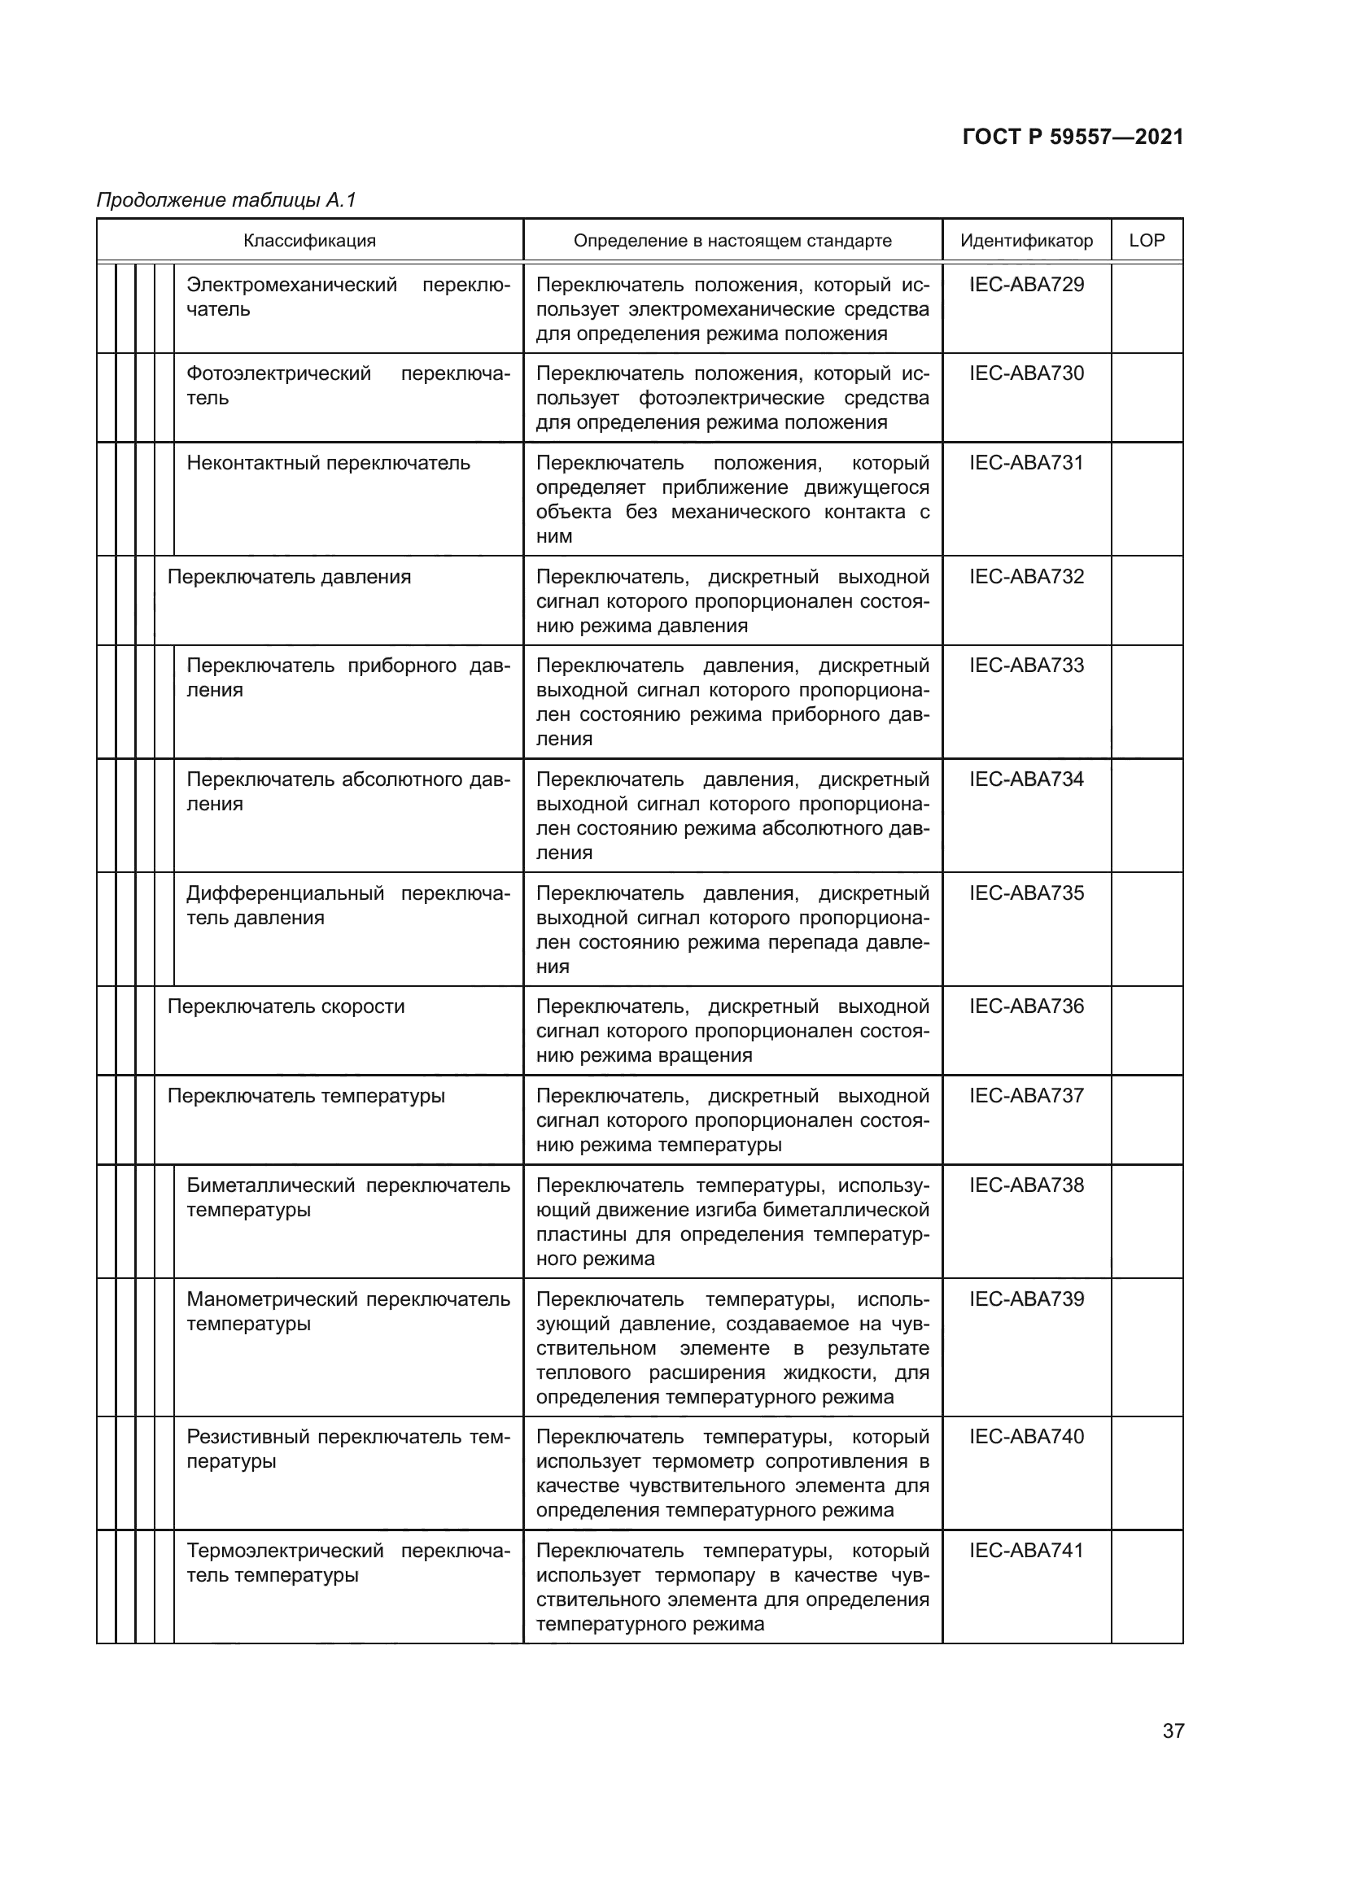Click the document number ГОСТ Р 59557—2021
pos(1073,137)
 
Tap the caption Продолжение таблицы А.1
pos(226,200)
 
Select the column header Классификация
pos(309,241)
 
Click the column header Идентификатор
pos(1026,241)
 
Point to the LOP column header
pos(1147,240)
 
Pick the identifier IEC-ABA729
pos(1026,285)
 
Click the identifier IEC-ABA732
pos(1026,577)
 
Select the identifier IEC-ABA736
pos(1026,1006)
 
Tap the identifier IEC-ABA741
pos(1026,1551)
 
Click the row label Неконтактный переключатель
pos(328,463)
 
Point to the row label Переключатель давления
pos(289,577)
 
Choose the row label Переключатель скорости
pos(286,1007)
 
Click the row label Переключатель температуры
pos(306,1097)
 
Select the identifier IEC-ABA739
pos(1026,1299)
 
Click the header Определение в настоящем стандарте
pos(732,241)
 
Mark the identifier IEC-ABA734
pos(1026,780)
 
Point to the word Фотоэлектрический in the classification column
pos(278,374)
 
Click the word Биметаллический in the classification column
pos(270,1186)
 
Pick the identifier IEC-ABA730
pos(1026,373)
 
